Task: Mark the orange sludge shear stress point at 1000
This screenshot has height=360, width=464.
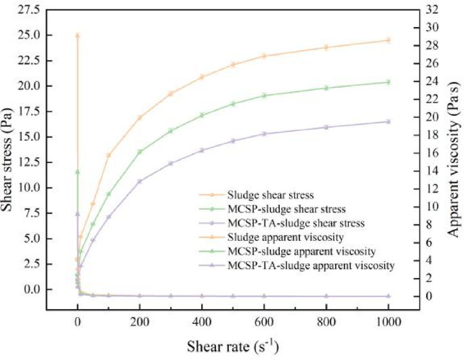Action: click(388, 40)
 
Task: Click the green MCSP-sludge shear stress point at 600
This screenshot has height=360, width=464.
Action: click(264, 95)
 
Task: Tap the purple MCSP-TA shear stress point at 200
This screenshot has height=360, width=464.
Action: click(140, 181)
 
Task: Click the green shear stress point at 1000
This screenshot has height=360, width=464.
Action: click(388, 82)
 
